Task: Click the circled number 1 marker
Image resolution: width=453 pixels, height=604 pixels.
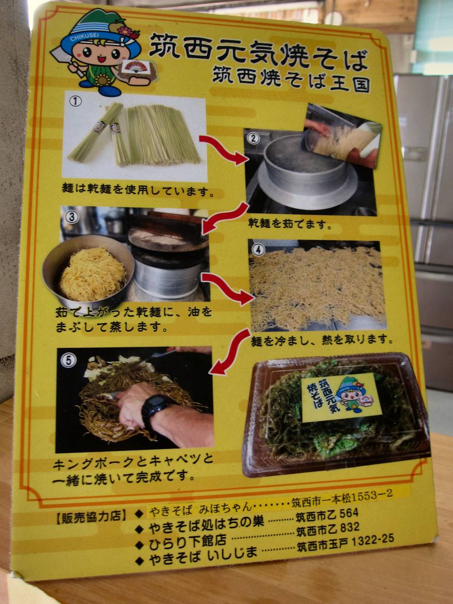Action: coord(75,101)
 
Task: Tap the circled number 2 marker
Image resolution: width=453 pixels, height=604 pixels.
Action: coord(253,138)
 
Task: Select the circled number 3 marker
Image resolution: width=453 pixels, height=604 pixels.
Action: coord(72,217)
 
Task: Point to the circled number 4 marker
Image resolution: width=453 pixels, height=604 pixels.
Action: coord(258,250)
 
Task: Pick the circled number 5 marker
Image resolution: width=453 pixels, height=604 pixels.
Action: coord(68,360)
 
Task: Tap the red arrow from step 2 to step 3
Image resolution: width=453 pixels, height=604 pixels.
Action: coord(224,219)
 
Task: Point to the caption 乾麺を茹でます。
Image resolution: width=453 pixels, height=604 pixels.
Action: coord(290,224)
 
